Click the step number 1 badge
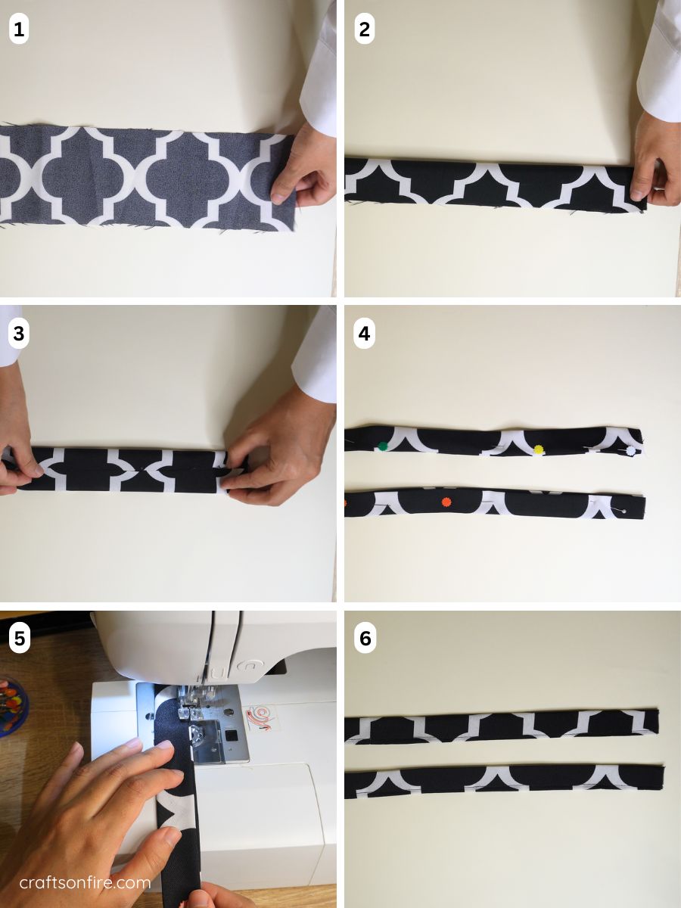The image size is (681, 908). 19,30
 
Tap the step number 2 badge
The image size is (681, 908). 365,30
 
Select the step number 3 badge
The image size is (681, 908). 19,334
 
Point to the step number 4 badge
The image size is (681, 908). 365,334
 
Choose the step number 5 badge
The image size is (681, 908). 19,639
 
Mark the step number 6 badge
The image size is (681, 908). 365,639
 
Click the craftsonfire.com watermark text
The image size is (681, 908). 85,882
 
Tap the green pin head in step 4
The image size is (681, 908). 384,446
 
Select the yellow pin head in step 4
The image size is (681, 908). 539,449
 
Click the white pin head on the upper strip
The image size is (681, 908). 630,451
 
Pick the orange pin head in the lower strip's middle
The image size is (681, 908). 444,501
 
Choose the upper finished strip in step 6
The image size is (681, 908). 501,726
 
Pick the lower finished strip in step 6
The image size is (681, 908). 503,779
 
